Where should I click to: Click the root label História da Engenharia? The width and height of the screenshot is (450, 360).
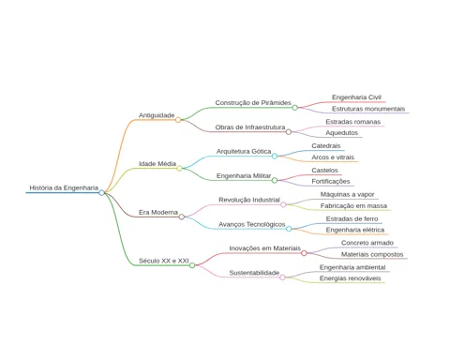[x=64, y=187]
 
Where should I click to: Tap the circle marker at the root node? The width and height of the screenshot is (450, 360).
[x=101, y=192]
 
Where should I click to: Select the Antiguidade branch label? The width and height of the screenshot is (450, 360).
[x=157, y=115]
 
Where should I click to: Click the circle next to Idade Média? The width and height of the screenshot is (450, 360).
[x=179, y=169]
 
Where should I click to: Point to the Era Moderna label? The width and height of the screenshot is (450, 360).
[x=158, y=212]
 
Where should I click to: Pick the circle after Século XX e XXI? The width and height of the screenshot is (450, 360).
[x=192, y=265]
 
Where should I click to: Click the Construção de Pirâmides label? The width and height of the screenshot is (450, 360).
[x=253, y=103]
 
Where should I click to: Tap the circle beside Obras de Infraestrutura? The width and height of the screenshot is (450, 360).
[x=289, y=132]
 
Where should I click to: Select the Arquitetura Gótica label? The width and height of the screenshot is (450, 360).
[x=244, y=151]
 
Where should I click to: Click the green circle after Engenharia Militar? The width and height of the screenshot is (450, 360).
[x=275, y=180]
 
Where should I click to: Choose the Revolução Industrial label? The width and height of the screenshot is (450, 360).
[x=249, y=200]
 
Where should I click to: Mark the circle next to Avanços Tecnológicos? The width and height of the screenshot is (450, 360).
[x=289, y=229]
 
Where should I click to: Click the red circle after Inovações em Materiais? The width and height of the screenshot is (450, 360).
[x=304, y=253]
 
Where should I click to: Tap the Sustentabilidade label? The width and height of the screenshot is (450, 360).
[x=254, y=273]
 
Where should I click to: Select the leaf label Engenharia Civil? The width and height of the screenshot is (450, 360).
[x=356, y=97]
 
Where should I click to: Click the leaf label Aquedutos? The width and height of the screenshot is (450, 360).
[x=342, y=133]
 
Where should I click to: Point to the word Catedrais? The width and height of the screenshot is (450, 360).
[x=326, y=146]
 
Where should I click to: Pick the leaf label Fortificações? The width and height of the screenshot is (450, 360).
[x=331, y=182]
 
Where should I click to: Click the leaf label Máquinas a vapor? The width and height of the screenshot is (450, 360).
[x=347, y=194]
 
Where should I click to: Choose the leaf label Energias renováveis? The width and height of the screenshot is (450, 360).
[x=350, y=278]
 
